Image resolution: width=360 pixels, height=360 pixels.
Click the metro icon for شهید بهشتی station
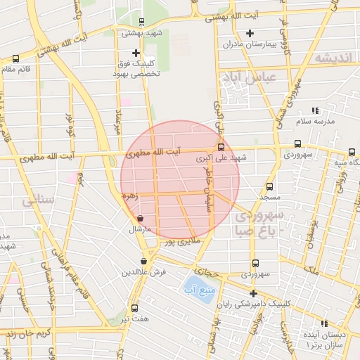click(x=141, y=22)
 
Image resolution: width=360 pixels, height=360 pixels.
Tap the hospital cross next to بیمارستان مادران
click(x=250, y=33)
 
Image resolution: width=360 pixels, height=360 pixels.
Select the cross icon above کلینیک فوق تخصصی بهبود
click(x=136, y=53)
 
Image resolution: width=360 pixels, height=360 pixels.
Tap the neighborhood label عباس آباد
click(x=249, y=75)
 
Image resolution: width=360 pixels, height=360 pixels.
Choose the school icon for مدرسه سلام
click(x=315, y=110)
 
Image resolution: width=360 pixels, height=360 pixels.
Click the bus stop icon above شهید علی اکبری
click(x=221, y=148)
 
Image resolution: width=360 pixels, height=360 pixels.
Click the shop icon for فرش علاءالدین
click(x=143, y=262)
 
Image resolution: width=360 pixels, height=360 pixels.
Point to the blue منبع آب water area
click(x=200, y=288)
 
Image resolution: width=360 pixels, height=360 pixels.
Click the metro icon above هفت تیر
click(x=134, y=307)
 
